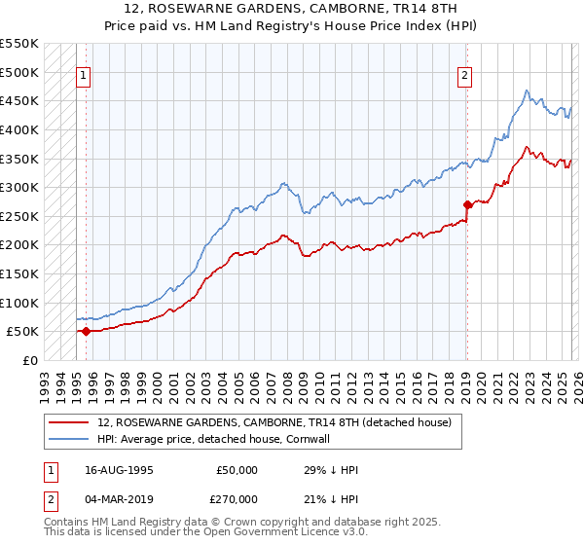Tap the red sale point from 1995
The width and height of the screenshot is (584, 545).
(x=86, y=331)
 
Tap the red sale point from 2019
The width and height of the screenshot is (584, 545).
(x=467, y=204)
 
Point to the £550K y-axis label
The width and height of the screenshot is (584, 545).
(x=19, y=44)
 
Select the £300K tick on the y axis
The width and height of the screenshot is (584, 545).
(x=19, y=187)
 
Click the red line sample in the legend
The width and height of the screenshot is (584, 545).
(x=70, y=423)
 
